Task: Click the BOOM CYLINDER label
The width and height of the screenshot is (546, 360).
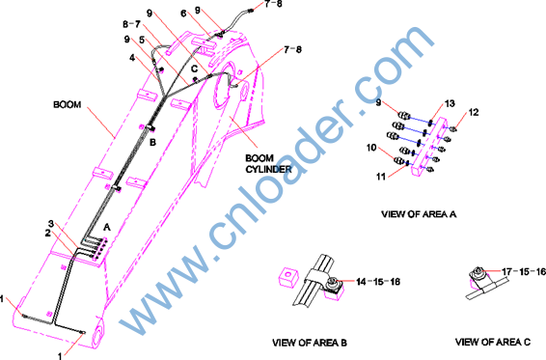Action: coord(268,163)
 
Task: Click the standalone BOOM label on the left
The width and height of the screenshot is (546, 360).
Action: coord(67,104)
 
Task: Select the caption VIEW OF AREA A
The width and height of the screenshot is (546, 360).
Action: coord(419,213)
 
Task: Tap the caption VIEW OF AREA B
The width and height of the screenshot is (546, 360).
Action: coord(310,343)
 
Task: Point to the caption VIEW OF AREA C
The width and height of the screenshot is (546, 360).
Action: coord(493,342)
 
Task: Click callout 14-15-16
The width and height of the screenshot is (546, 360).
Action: coord(378,282)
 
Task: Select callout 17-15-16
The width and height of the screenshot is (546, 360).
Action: coord(524,271)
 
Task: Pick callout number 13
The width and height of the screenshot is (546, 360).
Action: coord(450,103)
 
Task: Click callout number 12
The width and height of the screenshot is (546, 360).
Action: coord(474,112)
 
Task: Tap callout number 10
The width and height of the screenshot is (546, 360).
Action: coord(371,148)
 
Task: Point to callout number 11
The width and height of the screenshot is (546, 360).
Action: coord(381,177)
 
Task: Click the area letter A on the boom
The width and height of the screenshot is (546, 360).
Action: coord(107,227)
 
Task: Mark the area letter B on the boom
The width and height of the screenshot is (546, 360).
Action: coord(152,142)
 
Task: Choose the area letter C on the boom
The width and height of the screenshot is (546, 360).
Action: coord(194,69)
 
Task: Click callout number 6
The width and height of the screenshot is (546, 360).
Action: coord(183,14)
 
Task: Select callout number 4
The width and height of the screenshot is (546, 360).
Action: coord(132,58)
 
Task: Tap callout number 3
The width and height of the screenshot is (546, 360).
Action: coord(51,223)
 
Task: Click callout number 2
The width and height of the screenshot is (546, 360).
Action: coord(47,233)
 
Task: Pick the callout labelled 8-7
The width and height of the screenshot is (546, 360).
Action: coord(131,24)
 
